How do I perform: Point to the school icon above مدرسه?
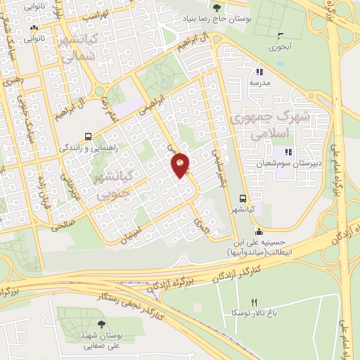259,71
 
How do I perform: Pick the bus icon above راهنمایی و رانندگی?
87,136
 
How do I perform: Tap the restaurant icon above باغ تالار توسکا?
244,301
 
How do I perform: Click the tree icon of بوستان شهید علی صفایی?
103,324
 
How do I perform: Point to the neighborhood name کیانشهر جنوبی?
112,183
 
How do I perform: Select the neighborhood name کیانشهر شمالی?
84,46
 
